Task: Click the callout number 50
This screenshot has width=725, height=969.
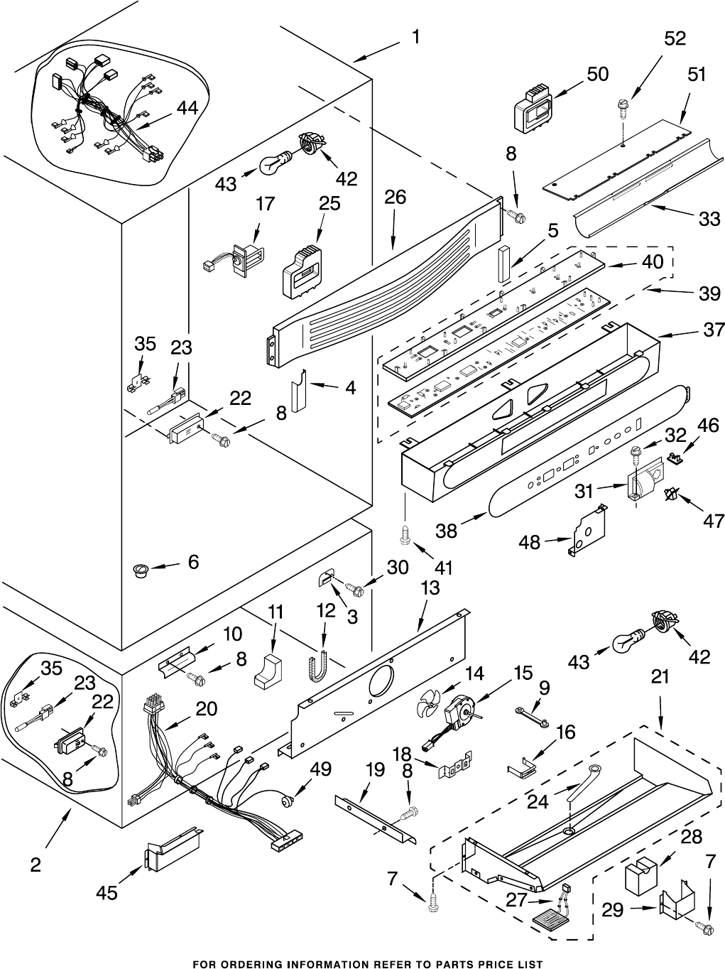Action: pos(598,74)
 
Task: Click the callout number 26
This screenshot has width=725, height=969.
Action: pos(395,197)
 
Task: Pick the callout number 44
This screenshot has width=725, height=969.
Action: pos(187,107)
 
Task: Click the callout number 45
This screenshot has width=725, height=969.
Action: pos(107,893)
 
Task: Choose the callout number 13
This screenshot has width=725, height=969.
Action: pos(430,588)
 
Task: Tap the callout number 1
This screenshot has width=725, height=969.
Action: pos(415,37)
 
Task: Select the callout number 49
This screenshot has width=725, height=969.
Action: pos(321,769)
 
